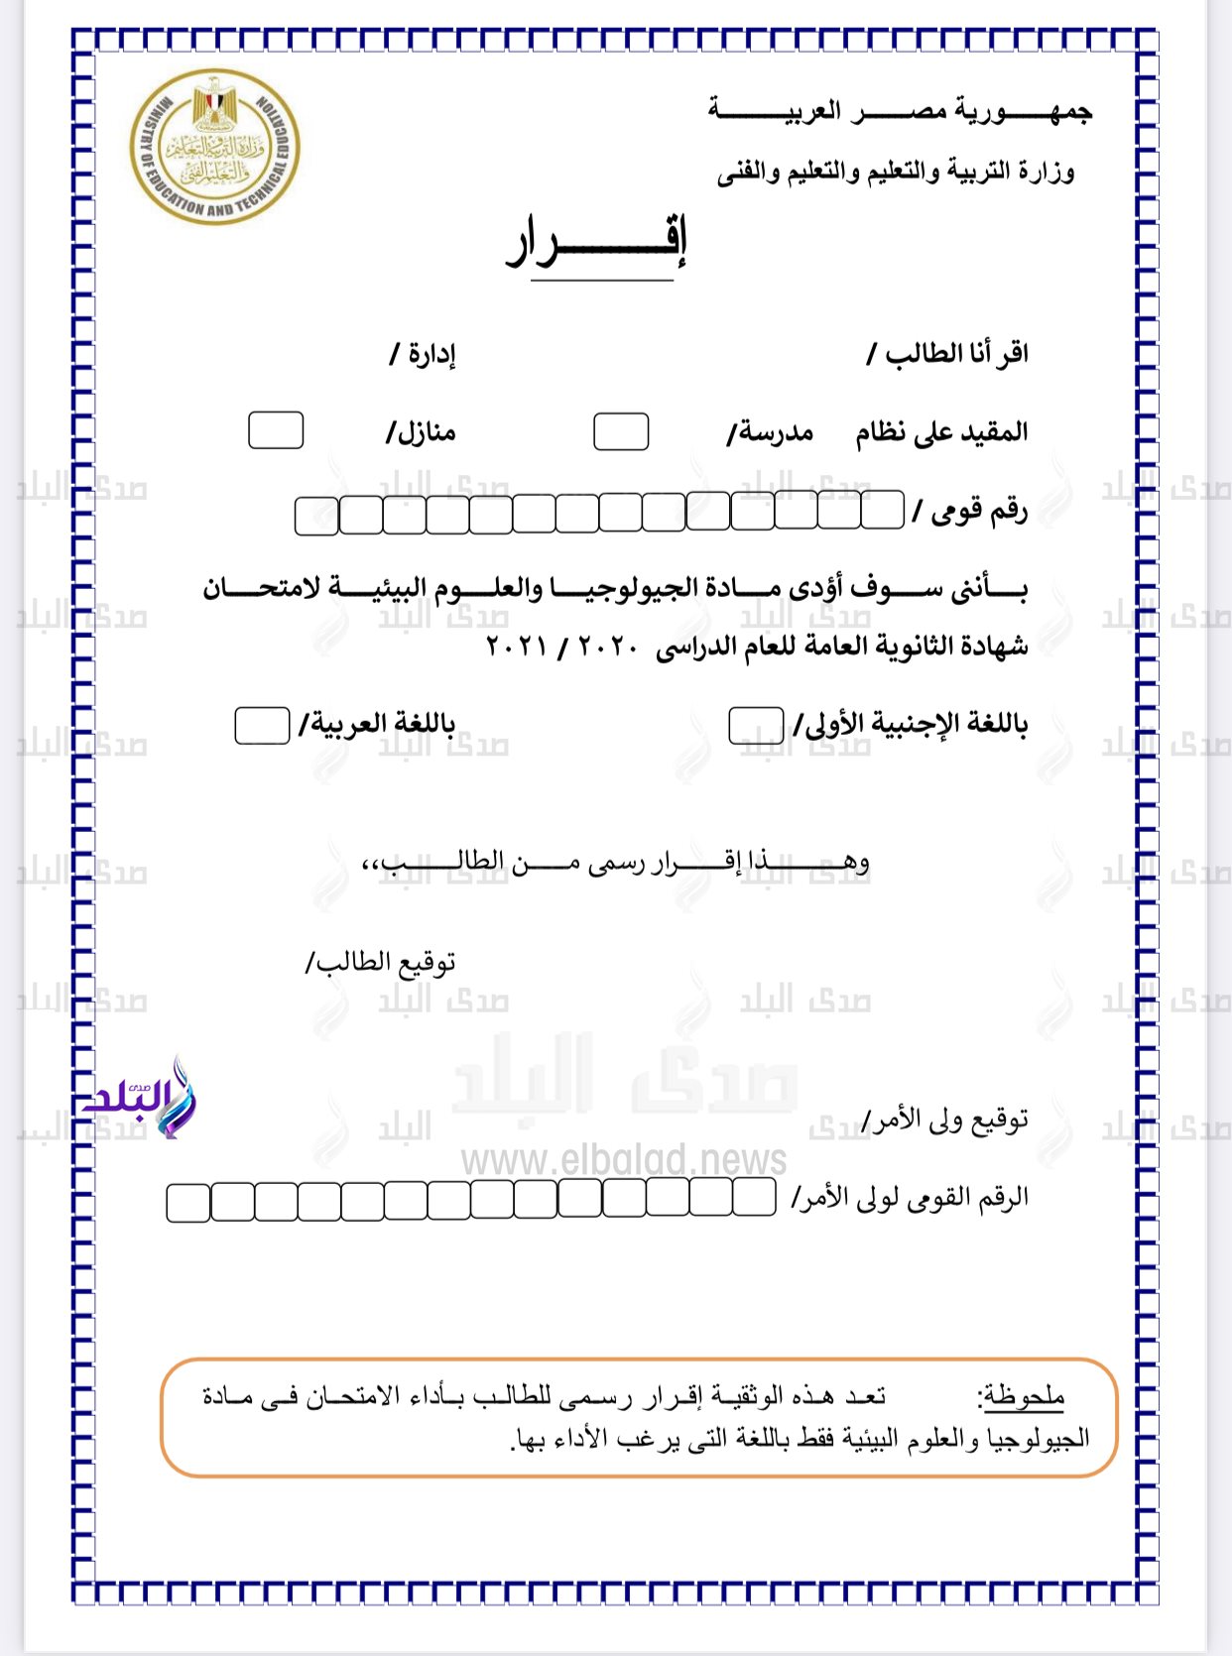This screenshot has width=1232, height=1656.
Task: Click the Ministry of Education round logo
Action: click(x=214, y=147)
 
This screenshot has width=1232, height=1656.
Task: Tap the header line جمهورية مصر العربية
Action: click(x=900, y=110)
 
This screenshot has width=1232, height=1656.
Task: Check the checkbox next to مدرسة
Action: click(x=621, y=432)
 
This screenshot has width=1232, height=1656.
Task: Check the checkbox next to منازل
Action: click(x=276, y=431)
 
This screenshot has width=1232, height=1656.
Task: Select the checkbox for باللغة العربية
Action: click(x=262, y=726)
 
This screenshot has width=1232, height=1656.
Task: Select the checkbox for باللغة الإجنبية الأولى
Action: click(x=756, y=726)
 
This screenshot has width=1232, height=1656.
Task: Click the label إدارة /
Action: click(x=423, y=354)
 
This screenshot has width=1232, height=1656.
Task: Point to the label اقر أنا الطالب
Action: click(x=947, y=354)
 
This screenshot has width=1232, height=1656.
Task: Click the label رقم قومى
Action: click(x=971, y=511)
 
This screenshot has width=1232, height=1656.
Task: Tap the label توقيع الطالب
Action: click(x=381, y=962)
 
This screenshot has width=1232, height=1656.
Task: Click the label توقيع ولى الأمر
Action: click(x=945, y=1121)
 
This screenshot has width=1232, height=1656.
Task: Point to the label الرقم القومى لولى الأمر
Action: click(x=910, y=1198)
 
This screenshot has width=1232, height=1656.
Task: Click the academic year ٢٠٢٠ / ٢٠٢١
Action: click(x=561, y=647)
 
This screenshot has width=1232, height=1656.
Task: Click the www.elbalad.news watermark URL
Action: click(x=624, y=1159)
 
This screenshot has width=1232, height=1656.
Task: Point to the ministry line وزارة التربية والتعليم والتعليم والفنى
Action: click(x=896, y=173)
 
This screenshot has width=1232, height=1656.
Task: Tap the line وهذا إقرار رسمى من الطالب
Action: click(x=615, y=863)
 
